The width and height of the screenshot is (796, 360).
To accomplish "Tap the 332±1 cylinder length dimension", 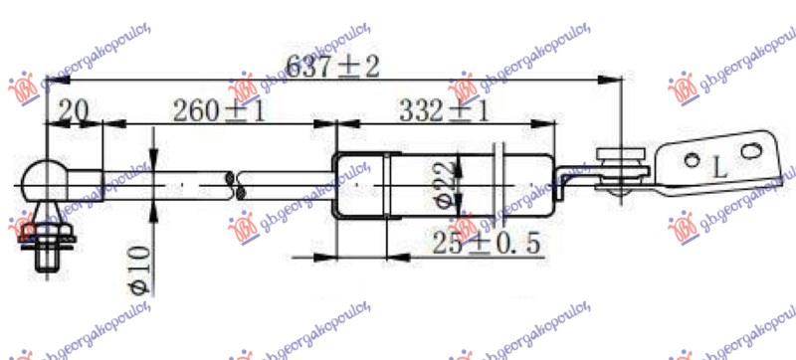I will click(x=444, y=109).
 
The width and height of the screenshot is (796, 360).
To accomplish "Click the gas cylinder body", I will click(x=448, y=184).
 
